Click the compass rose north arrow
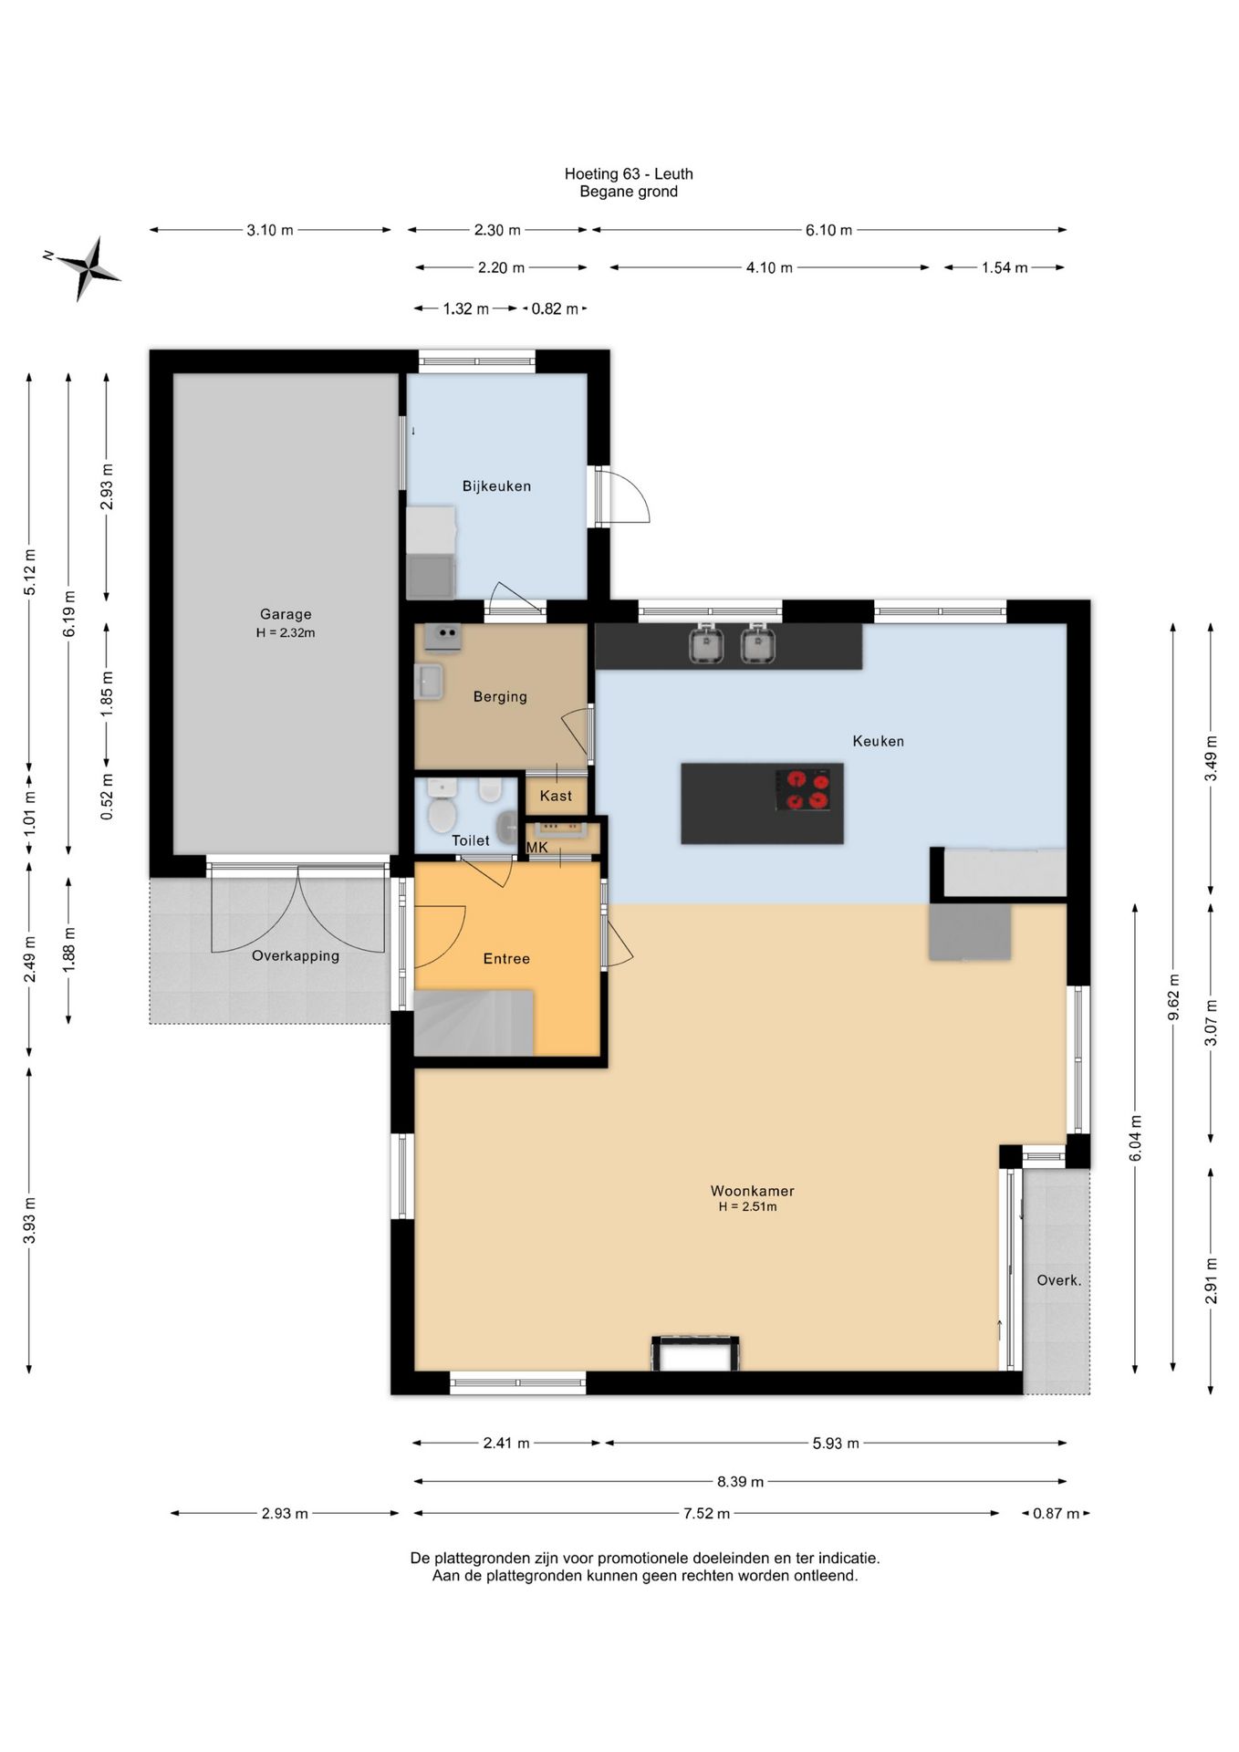click(x=88, y=267)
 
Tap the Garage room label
click(x=286, y=614)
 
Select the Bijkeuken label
click(x=496, y=486)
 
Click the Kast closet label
click(x=556, y=796)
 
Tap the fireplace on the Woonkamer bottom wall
click(x=695, y=1353)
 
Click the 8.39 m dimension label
click(x=740, y=1481)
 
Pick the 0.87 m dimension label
click(x=1056, y=1513)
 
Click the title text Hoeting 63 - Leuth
click(x=629, y=173)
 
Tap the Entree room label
click(x=506, y=958)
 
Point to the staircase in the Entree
click(x=474, y=1023)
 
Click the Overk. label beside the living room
click(x=1058, y=1280)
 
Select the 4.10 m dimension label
click(x=769, y=267)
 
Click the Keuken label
click(x=878, y=741)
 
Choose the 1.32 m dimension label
click(x=465, y=308)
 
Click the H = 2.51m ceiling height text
click(x=747, y=1206)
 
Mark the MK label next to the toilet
click(x=537, y=848)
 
